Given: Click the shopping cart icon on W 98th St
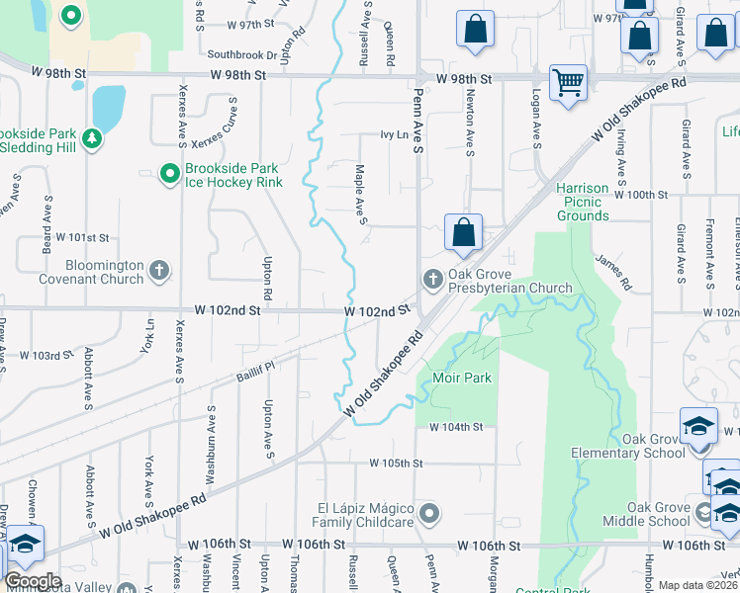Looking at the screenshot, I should (x=568, y=83).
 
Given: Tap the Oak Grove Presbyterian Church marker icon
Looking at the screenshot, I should (x=431, y=279).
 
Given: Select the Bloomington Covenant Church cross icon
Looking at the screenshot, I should (x=160, y=270).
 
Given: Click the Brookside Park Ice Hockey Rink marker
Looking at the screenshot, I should (x=170, y=174).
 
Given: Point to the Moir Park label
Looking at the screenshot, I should (x=462, y=378).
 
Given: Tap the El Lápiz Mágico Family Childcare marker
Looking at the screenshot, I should (x=428, y=513).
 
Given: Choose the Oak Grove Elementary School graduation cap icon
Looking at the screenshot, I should (x=699, y=426).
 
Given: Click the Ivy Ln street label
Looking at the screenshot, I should (x=394, y=134).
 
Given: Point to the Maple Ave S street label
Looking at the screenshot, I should (x=362, y=194).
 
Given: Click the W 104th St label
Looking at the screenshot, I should (x=456, y=427).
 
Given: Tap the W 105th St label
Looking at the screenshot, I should (x=396, y=463).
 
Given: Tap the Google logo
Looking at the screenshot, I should (x=33, y=581).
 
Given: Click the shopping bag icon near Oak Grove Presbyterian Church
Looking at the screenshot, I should (x=463, y=234).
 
